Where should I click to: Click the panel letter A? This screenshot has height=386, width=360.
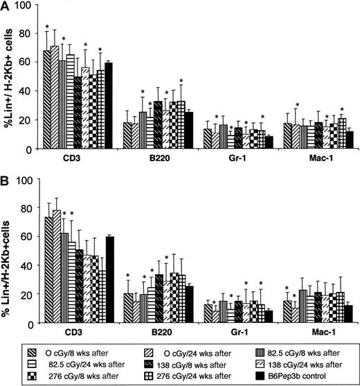click(6, 6)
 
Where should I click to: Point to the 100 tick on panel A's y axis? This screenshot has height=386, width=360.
click(26, 6)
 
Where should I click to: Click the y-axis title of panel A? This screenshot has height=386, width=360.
click(8, 76)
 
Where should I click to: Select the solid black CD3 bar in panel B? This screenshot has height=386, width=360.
click(108, 280)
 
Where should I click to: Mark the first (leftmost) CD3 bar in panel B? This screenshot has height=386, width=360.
click(48, 270)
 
